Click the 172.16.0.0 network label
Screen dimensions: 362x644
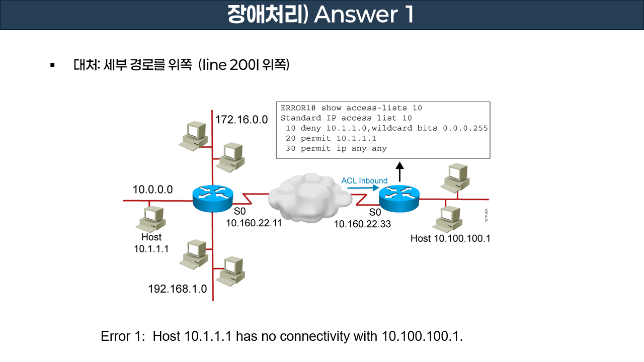pos(242,120)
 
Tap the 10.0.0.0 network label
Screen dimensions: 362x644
pos(152,190)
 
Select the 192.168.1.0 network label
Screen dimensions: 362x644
pos(177,289)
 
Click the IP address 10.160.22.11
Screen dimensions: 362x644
pos(254,223)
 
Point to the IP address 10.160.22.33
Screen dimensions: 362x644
pos(362,224)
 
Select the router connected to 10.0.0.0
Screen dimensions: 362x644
pos(213,198)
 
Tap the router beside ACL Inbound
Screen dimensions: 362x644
pos(399,198)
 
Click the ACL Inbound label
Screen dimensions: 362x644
pos(364,180)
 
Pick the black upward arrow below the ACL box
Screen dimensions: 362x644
pos(399,171)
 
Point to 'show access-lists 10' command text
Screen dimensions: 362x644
pos(371,108)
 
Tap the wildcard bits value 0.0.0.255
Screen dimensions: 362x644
pos(465,128)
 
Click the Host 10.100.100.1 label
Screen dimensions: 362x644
pos(450,238)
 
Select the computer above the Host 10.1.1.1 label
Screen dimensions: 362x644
pos(151,218)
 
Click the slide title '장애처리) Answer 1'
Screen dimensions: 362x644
pos(321,15)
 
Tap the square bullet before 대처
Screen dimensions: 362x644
pos(52,65)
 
